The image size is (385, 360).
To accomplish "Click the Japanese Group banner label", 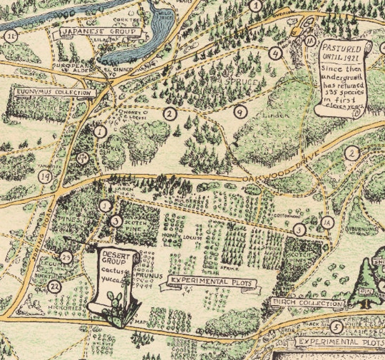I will coord(101,33).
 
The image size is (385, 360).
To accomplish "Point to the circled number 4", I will coord(276,53).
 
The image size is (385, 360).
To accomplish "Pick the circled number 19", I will coord(46,177).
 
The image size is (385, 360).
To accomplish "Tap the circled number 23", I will coord(66,257).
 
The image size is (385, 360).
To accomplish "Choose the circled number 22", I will coord(55,287).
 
